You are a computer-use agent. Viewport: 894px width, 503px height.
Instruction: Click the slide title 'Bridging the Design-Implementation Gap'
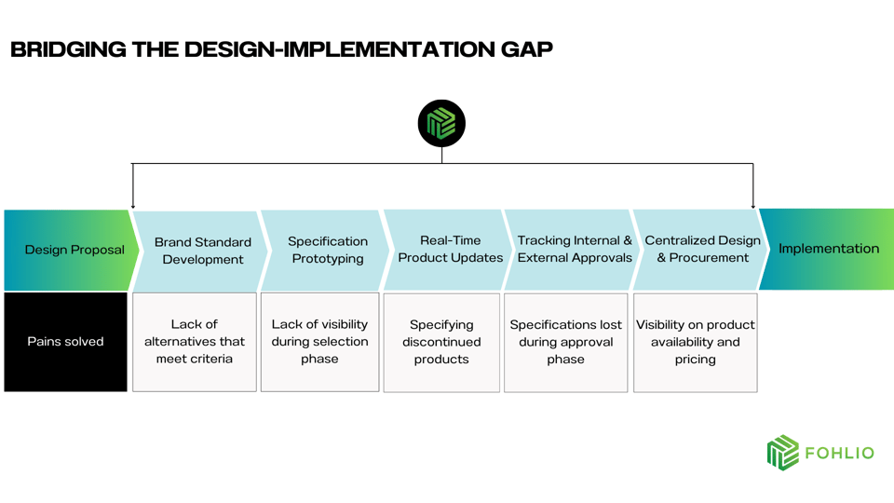[281, 49]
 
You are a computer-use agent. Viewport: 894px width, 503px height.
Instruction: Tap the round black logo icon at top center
[441, 123]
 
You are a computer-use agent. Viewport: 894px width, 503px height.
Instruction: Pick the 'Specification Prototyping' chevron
[327, 250]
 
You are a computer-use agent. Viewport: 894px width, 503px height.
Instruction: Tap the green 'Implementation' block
[828, 249]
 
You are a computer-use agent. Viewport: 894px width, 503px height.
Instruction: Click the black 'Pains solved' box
[65, 342]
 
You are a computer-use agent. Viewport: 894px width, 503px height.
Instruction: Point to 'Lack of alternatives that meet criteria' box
[195, 342]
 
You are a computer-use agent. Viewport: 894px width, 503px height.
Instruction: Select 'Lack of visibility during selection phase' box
[319, 342]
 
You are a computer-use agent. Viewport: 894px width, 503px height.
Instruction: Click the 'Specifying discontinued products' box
[441, 342]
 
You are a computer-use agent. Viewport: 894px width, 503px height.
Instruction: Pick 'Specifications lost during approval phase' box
[565, 342]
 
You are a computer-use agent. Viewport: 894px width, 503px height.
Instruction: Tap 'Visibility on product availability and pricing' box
[695, 342]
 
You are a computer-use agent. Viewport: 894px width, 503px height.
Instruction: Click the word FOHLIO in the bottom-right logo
[839, 454]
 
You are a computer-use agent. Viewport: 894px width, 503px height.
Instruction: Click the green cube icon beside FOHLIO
[783, 453]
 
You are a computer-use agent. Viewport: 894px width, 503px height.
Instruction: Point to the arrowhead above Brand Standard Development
[133, 205]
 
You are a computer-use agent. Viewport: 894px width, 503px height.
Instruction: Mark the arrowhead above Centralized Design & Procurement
[752, 205]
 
